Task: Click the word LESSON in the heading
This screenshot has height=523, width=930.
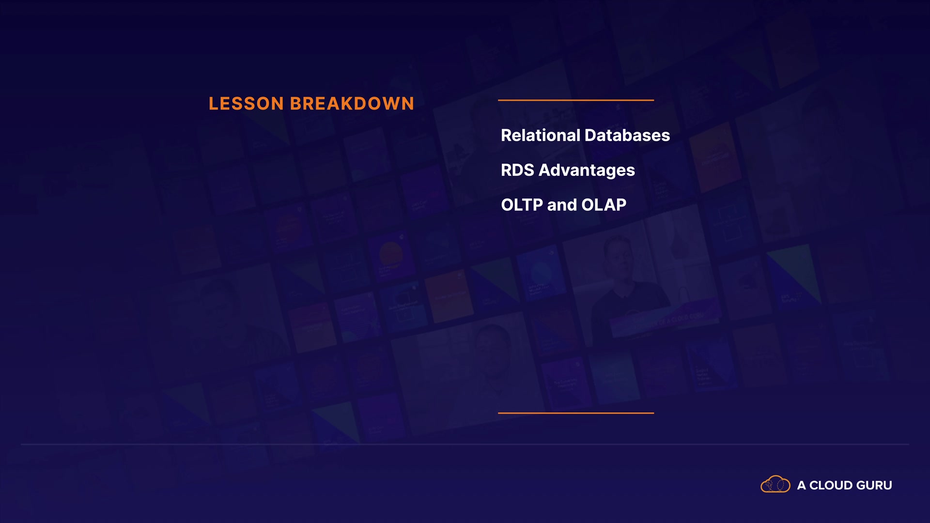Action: [x=246, y=104]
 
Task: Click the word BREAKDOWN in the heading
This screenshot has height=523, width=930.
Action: [x=352, y=104]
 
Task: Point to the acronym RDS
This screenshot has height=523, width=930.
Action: [x=517, y=170]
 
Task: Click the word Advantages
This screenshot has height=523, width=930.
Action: [x=587, y=171]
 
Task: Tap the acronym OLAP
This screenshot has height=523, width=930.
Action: [x=604, y=205]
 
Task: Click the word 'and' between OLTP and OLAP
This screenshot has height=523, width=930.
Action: [x=562, y=205]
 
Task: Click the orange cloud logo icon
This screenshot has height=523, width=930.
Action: [x=775, y=484]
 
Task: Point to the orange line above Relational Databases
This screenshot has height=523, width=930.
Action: [x=576, y=100]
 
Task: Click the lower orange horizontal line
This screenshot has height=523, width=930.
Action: [x=576, y=413]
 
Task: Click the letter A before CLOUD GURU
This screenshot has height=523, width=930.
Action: [x=802, y=485]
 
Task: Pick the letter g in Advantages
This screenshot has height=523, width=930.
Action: [x=608, y=172]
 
